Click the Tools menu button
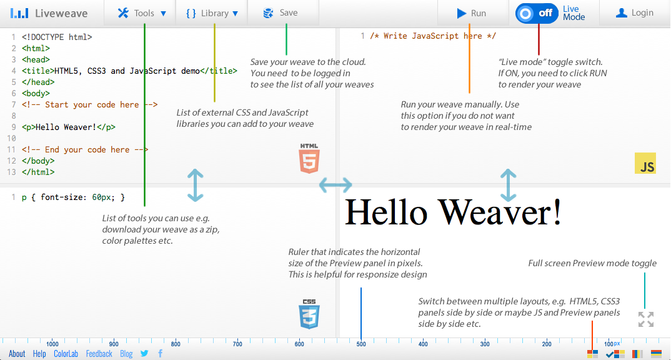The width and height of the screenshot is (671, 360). (142, 13)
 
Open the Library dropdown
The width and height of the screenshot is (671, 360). (212, 13)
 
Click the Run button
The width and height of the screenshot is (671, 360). (472, 13)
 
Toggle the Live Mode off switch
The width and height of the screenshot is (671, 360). (537, 13)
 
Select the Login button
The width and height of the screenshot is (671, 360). (635, 13)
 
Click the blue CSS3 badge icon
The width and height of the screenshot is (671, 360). (309, 314)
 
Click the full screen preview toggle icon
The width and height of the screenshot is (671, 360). (646, 319)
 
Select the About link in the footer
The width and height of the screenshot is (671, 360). (17, 354)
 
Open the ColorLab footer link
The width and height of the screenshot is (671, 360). (66, 354)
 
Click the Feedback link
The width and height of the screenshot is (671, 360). (99, 354)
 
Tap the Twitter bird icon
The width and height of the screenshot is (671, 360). (144, 354)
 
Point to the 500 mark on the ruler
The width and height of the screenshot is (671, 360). (361, 344)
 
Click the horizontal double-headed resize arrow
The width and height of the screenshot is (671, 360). (335, 185)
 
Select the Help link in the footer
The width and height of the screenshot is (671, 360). (39, 354)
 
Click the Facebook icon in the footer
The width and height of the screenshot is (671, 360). (160, 354)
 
